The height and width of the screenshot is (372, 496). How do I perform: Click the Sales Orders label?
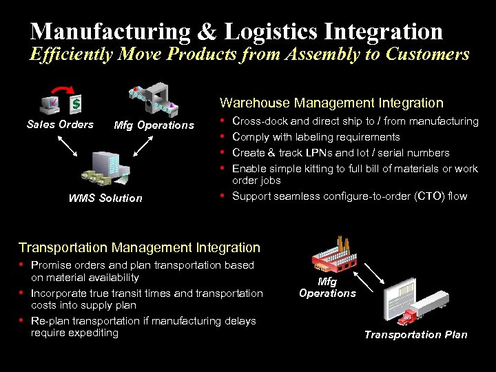pyautogui.click(x=60, y=125)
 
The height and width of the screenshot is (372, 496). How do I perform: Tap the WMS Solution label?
pyautogui.click(x=105, y=198)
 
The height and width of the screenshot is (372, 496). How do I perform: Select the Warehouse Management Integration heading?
pyautogui.click(x=331, y=103)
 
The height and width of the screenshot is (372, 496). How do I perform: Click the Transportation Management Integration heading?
pyautogui.click(x=139, y=247)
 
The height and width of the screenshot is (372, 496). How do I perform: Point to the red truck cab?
pyautogui.click(x=409, y=315)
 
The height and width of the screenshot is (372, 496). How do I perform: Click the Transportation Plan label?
pyautogui.click(x=415, y=335)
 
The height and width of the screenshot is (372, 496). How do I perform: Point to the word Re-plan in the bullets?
pyautogui.click(x=48, y=321)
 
